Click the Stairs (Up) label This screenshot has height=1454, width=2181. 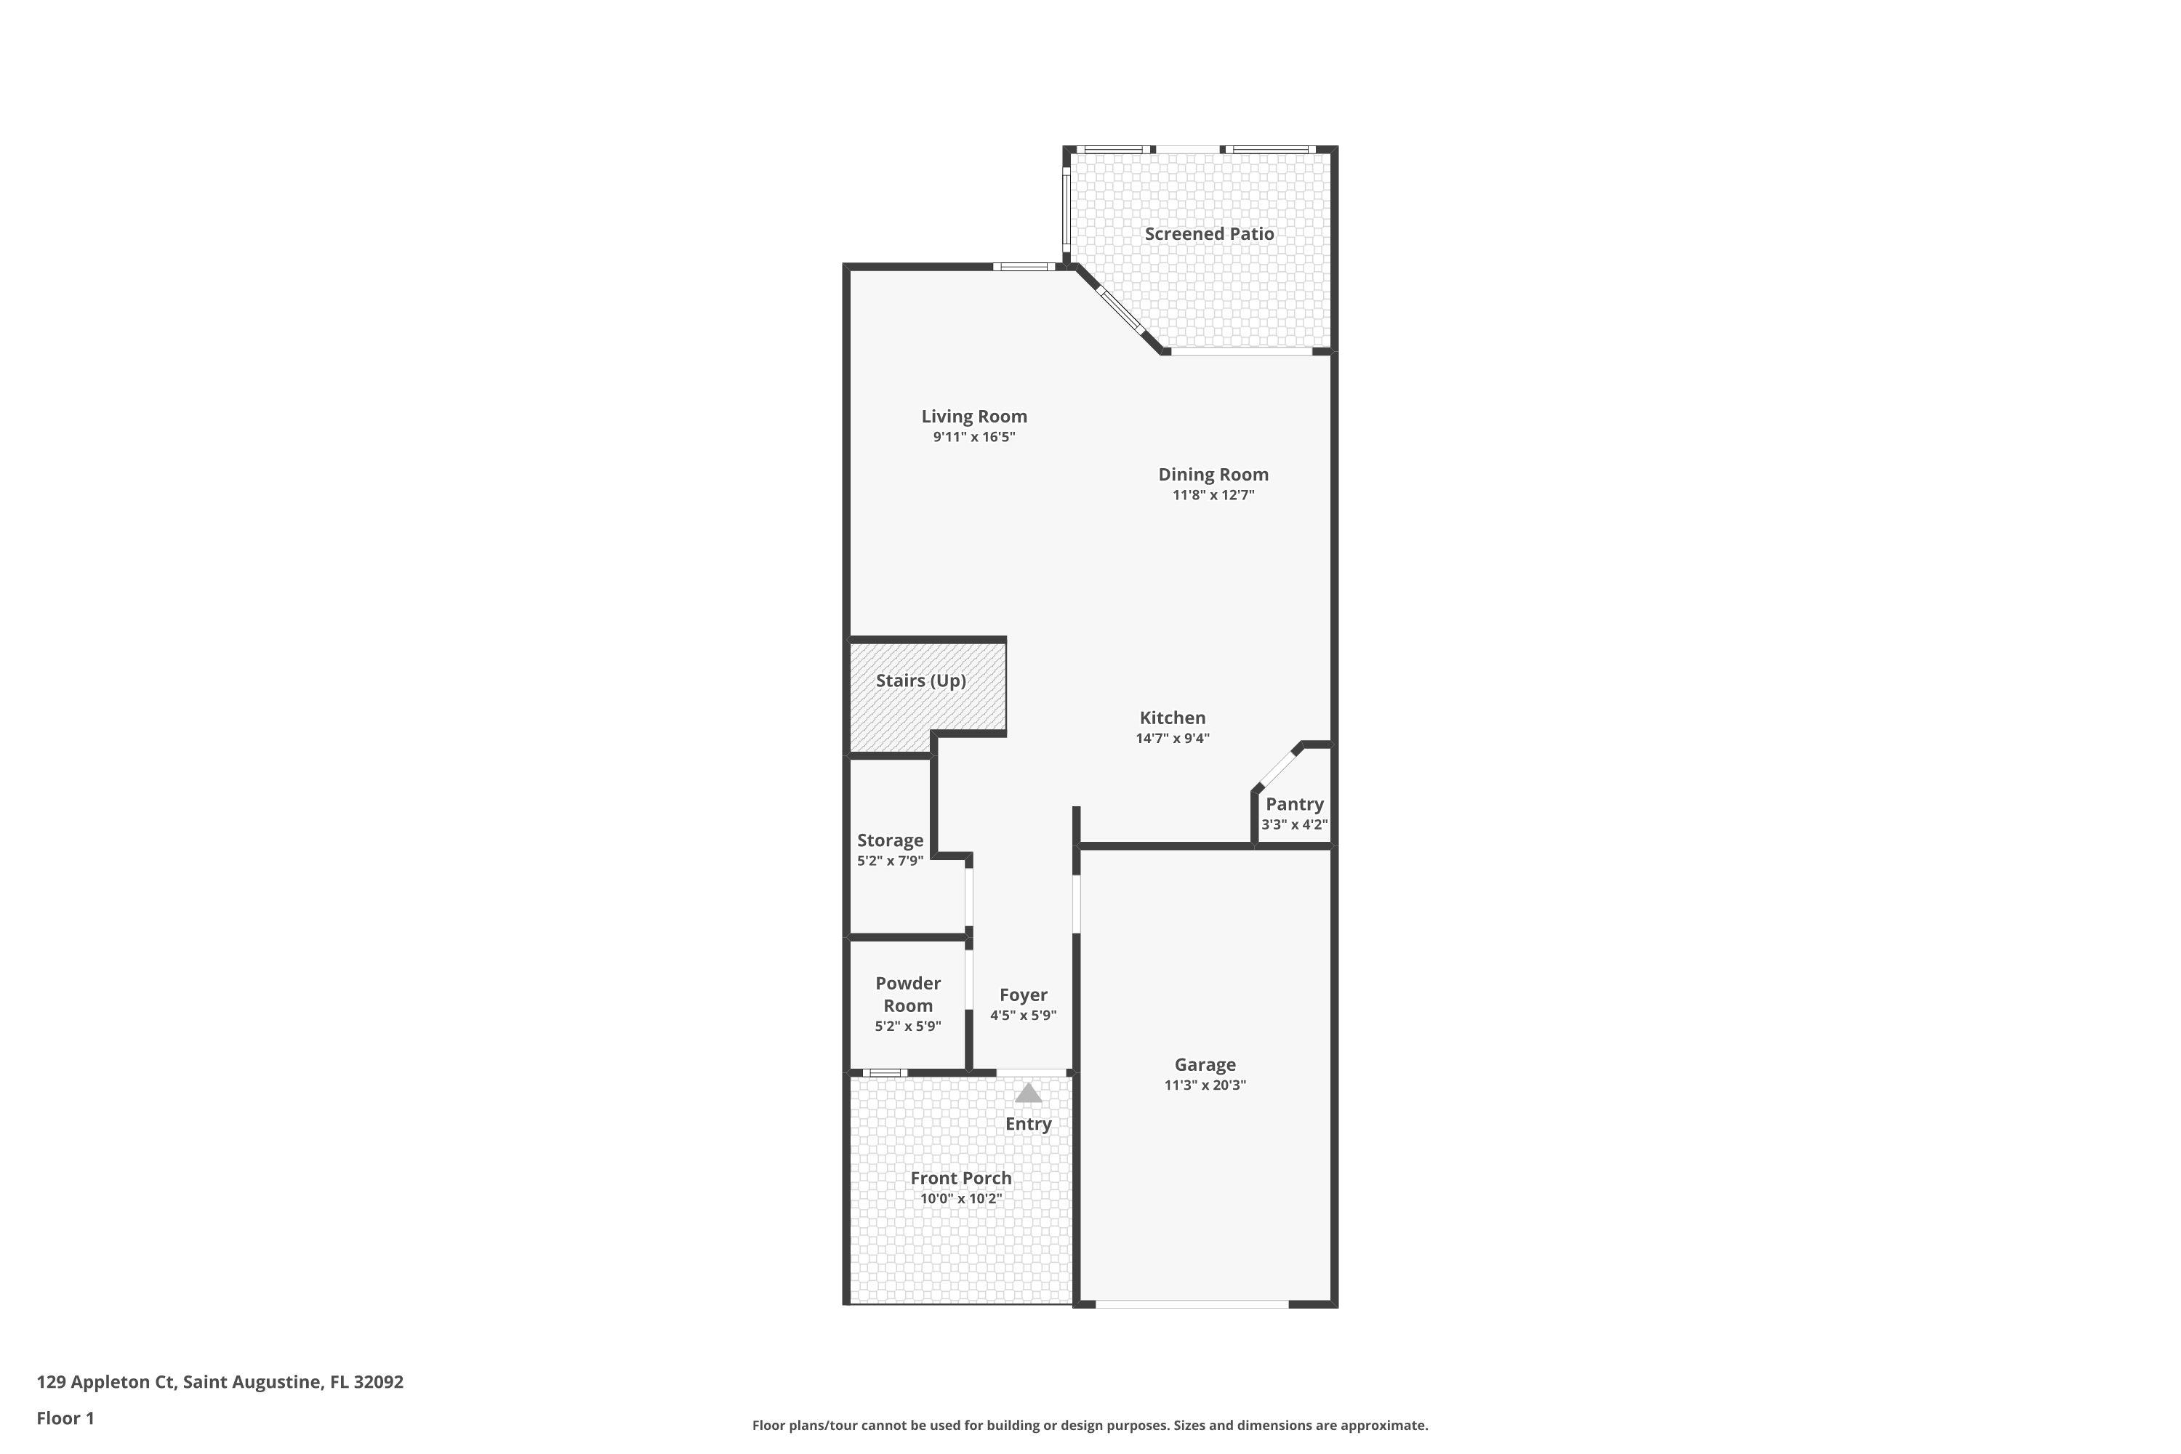[x=921, y=680]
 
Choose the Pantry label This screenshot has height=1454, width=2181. [x=1295, y=804]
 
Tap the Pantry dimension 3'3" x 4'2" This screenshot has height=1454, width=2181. [x=1295, y=824]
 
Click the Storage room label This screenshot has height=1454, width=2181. [x=889, y=840]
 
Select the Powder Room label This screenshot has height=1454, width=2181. [x=908, y=994]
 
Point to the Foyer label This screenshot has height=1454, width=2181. [x=1023, y=995]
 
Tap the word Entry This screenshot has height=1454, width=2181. [x=1029, y=1124]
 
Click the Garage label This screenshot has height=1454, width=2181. [x=1205, y=1064]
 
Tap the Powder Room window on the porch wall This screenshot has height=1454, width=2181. [x=885, y=1073]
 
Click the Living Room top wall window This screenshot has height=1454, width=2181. [x=1023, y=267]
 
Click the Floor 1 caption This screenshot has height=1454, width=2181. [x=65, y=1418]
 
